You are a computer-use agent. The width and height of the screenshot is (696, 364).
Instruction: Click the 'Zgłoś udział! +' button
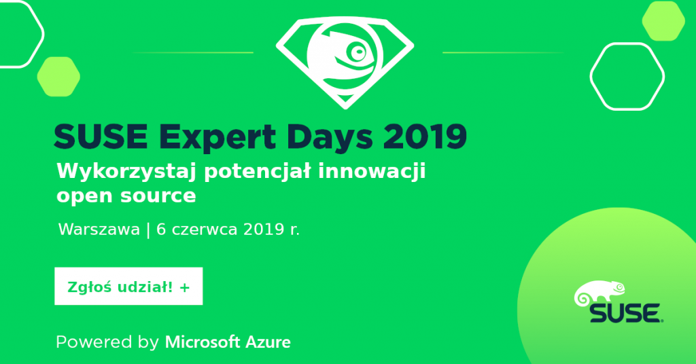coord(128,286)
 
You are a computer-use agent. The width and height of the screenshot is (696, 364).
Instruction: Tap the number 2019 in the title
coord(425,136)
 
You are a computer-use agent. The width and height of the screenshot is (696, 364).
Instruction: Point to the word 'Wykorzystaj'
coord(126,172)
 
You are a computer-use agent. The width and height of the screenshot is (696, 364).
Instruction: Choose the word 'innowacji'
coord(372,172)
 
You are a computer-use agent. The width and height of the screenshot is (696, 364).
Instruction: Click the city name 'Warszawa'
coord(99,230)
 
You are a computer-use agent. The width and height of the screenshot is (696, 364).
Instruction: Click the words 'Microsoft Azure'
coord(228,342)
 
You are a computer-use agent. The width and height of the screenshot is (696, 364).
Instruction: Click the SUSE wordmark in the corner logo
coord(626,313)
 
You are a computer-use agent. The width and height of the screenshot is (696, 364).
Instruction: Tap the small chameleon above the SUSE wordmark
coord(599,292)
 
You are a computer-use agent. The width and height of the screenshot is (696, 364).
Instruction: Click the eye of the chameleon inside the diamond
coord(358,52)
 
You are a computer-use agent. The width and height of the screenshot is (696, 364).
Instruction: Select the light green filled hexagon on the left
coord(58,77)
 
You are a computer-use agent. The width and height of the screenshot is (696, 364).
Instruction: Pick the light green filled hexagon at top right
coord(663,21)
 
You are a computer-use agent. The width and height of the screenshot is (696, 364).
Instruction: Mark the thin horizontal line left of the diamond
coord(193,52)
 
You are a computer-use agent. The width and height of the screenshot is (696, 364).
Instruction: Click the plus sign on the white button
coord(185,288)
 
